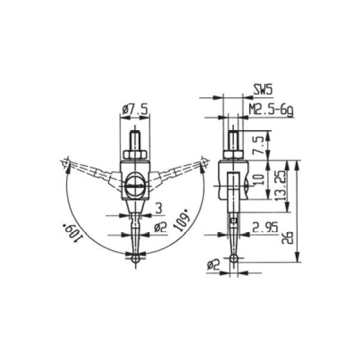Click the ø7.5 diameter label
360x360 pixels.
click(x=134, y=110)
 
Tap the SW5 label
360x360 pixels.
click(x=263, y=89)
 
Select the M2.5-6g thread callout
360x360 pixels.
click(x=271, y=110)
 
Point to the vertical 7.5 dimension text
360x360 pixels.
click(x=260, y=143)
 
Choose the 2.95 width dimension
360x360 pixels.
click(x=265, y=227)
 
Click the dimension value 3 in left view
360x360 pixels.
click(x=158, y=208)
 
